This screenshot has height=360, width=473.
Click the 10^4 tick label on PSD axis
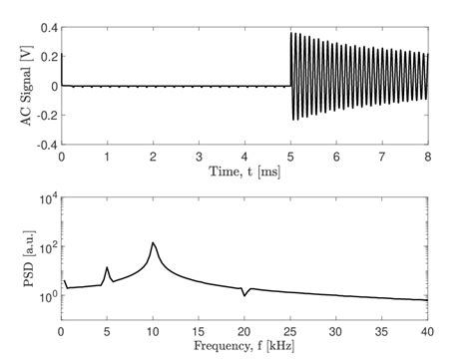45,199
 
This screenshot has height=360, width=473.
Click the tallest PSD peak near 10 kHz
153,242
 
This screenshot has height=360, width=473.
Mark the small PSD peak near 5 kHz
108,267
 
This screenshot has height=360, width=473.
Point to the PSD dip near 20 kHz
244,295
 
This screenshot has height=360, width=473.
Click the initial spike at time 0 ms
62,58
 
